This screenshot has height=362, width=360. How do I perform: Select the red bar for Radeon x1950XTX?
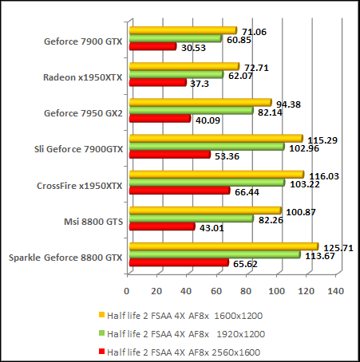157,83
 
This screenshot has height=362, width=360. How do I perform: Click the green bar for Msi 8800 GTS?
191,218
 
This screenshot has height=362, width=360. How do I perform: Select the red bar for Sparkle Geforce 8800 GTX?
178,262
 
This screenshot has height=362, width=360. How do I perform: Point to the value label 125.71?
335,246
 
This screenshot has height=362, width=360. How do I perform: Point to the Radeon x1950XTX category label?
83,77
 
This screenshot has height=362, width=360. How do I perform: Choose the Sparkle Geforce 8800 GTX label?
65,257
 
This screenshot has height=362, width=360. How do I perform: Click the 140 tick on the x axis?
336,290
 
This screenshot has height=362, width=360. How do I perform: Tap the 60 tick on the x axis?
217,290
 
